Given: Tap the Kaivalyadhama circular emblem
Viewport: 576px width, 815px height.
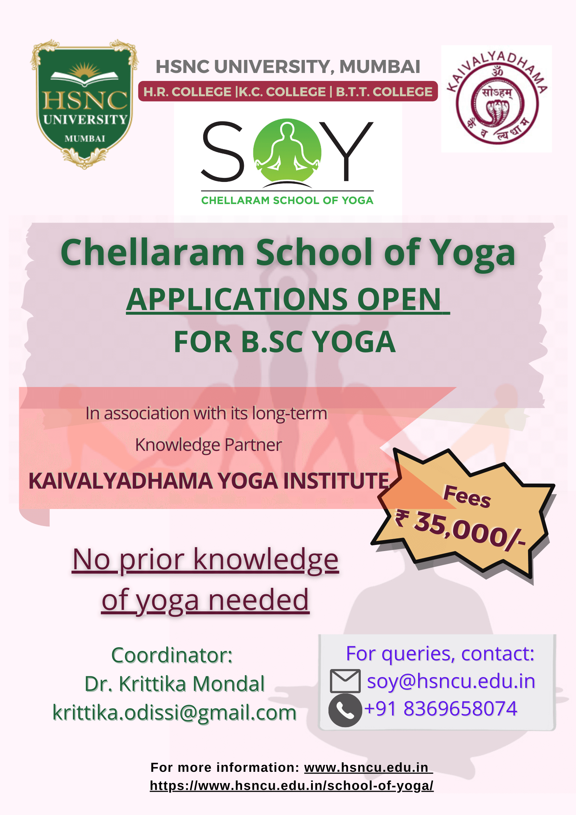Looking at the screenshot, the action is point(497,98).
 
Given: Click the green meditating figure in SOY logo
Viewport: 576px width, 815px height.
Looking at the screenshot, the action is point(287,150).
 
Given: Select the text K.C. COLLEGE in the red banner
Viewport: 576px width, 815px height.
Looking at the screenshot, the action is point(282,92).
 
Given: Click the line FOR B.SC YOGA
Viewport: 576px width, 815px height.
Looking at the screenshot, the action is point(285,342).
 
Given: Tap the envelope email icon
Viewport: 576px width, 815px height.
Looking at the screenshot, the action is point(345,681).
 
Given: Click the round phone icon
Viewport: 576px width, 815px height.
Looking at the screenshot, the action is point(345,710).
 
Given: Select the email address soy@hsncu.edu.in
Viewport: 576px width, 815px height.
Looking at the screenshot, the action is point(451,681).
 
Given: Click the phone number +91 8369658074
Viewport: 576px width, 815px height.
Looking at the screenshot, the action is point(441,709).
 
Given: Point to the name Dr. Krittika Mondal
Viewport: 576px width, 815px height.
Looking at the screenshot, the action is point(175,684).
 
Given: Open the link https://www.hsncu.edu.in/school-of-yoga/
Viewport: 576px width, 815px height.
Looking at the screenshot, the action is point(292,786).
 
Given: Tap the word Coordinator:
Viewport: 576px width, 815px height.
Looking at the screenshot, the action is point(172,655).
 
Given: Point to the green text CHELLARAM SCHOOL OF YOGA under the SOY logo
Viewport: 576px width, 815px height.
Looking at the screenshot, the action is point(287,200).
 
